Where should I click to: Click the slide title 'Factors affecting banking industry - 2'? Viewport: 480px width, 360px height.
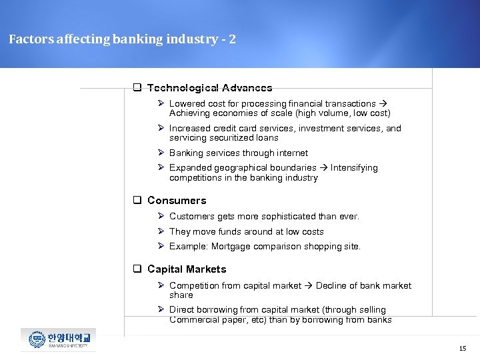click(x=122, y=39)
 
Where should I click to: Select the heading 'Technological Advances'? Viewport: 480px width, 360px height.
click(x=209, y=88)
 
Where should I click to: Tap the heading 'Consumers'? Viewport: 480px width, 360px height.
click(x=177, y=201)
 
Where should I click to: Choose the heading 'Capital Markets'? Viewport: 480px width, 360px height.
click(x=187, y=269)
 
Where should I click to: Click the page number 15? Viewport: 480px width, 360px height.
click(x=463, y=349)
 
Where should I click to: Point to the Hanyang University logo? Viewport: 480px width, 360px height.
click(x=58, y=339)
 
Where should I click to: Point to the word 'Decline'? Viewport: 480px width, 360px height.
click(x=332, y=286)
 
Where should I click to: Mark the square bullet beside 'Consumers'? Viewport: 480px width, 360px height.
click(x=136, y=201)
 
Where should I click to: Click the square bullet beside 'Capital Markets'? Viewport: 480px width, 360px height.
click(x=136, y=269)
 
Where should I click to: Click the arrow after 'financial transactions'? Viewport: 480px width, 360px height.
click(x=383, y=104)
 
